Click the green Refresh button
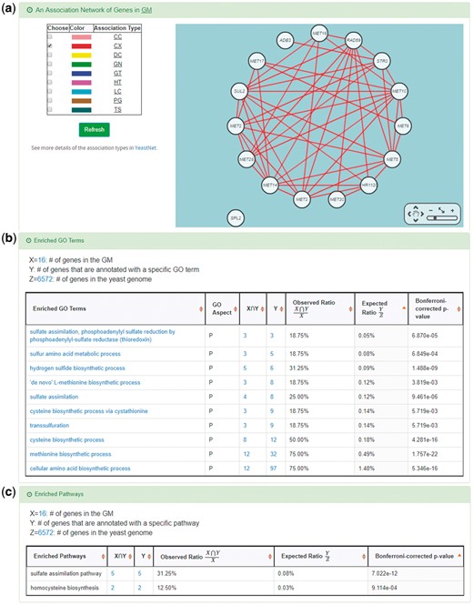tap(94, 129)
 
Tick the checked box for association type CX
tap(50, 45)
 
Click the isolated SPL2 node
tap(236, 217)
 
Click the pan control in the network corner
tap(416, 216)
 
